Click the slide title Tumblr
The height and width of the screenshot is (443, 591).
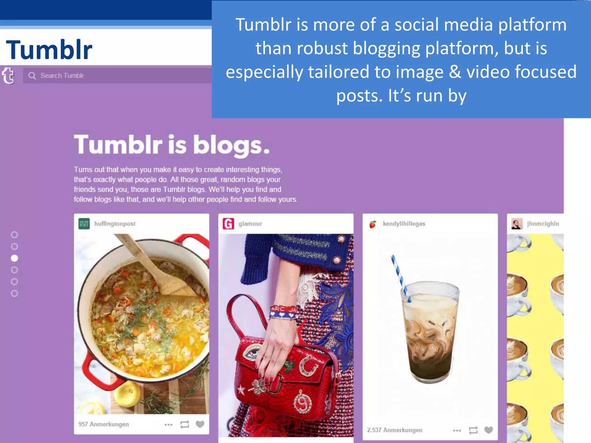tap(49, 50)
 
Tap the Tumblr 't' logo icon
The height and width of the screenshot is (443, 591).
tap(8, 76)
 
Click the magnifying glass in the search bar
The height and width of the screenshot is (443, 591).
tap(32, 76)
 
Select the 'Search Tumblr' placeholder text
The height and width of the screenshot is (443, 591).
tap(62, 76)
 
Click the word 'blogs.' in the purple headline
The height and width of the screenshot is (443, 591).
tap(231, 145)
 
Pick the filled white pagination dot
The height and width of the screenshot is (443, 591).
tap(14, 258)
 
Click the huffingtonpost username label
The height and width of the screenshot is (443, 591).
tap(115, 224)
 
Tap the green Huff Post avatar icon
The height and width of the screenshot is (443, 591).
tap(84, 224)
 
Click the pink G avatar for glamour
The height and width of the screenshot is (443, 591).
tap(228, 224)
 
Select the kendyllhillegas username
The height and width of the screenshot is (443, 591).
tap(404, 224)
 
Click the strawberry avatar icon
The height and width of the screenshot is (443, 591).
tap(373, 224)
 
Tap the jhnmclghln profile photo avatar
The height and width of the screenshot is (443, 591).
tap(517, 224)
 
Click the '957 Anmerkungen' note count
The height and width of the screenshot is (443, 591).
tap(104, 424)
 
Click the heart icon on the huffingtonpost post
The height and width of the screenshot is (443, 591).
tap(200, 424)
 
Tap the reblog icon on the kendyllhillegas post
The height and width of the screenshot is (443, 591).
tap(473, 430)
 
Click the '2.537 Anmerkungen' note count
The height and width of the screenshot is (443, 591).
tap(394, 430)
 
